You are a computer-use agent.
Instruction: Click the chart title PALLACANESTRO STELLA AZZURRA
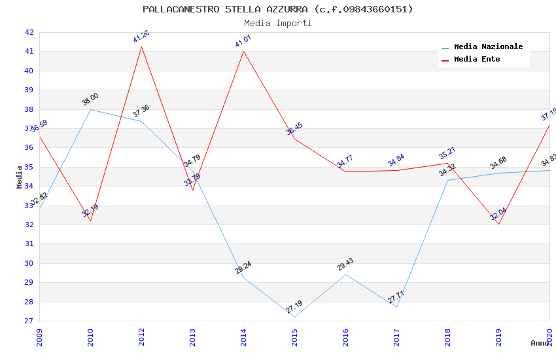(x=278, y=9)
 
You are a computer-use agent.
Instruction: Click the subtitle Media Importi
(x=278, y=23)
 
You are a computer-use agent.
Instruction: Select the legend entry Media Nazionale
(x=488, y=47)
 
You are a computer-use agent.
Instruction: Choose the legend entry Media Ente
(x=477, y=60)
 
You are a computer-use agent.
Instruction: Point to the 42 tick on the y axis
(x=29, y=32)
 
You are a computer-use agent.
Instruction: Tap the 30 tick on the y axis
(x=29, y=263)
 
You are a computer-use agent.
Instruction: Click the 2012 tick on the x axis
(x=141, y=334)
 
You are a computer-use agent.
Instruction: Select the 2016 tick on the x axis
(x=345, y=334)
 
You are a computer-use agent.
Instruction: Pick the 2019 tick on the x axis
(x=498, y=334)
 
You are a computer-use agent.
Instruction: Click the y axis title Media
(x=20, y=177)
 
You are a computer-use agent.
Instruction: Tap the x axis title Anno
(x=540, y=343)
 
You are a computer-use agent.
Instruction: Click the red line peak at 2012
(x=141, y=46)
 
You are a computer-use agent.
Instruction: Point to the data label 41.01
(x=243, y=41)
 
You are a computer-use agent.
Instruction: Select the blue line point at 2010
(x=90, y=109)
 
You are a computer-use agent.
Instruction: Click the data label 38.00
(x=90, y=99)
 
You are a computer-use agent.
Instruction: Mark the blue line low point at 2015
(x=294, y=317)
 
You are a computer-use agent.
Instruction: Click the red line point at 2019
(x=498, y=225)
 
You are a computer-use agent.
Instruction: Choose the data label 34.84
(x=396, y=160)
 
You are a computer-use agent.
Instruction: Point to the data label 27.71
(x=396, y=297)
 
